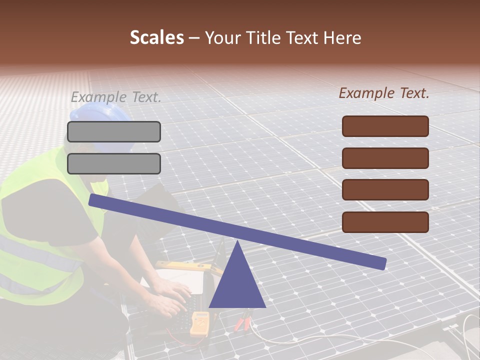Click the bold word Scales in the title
coord(156,38)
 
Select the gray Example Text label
coord(116,97)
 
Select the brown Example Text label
coord(384,93)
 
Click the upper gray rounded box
coord(114,131)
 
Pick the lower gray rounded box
coord(114,163)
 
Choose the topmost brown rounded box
coord(385,126)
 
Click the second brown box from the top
coord(385,158)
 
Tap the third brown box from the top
coord(385,190)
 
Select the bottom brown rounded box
coord(385,222)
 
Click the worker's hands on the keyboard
coord(170,295)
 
